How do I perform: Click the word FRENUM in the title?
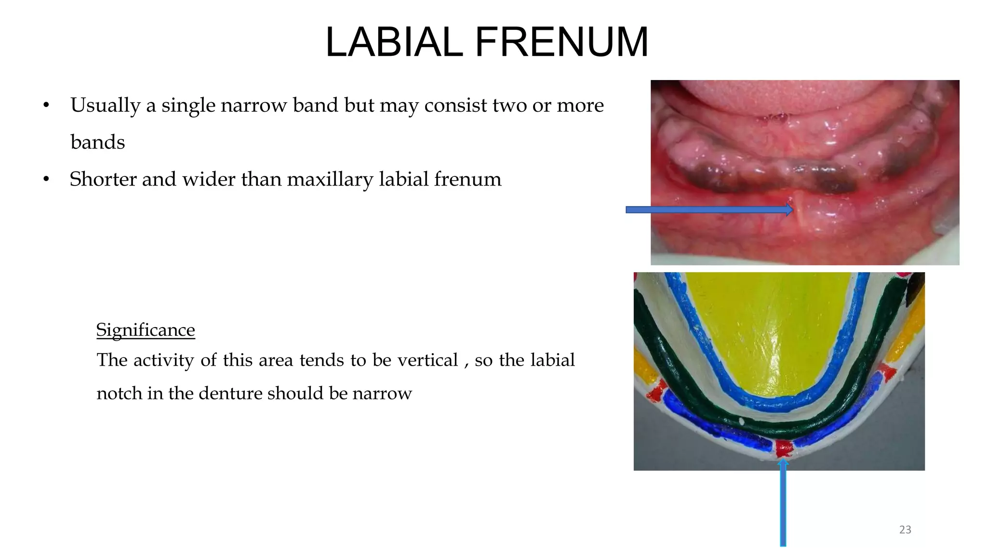(562, 42)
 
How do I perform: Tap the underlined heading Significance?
(146, 330)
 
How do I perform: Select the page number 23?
(905, 530)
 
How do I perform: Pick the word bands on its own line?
(98, 143)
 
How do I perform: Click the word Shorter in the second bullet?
(103, 180)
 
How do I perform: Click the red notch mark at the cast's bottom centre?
(783, 448)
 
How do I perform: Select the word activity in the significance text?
(164, 360)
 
